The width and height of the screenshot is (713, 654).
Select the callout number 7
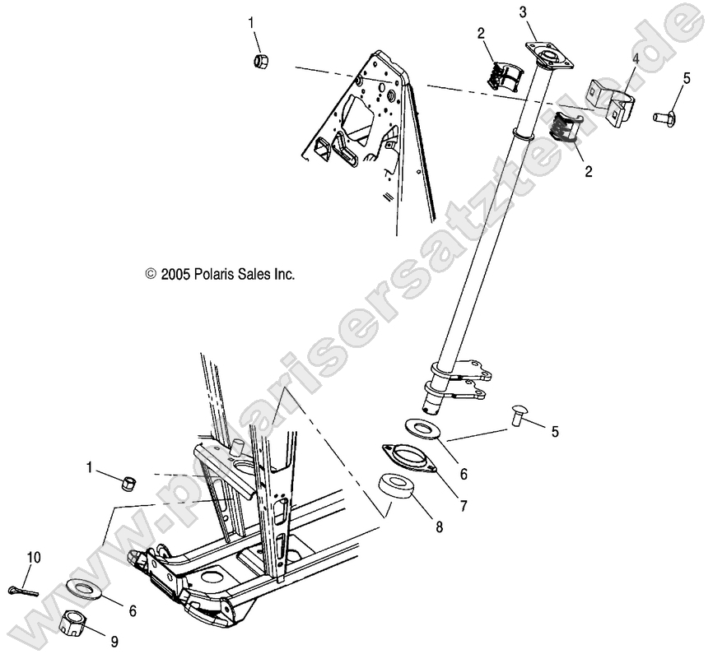[464, 506]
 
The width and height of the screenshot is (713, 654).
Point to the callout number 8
[438, 527]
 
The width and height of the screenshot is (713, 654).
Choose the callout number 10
[33, 558]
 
